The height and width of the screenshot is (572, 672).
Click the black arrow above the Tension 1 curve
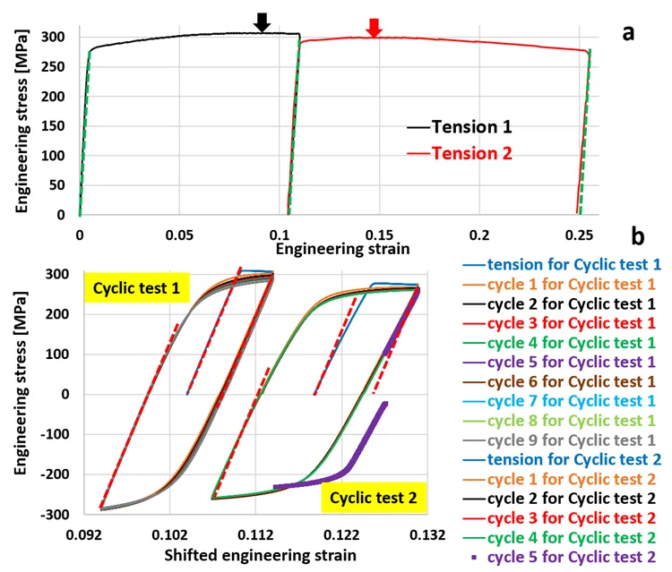coord(262,22)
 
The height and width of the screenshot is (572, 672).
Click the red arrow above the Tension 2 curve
coord(375,28)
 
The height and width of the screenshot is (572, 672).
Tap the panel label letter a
coord(629,33)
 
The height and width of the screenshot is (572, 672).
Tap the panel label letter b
coord(637,237)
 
